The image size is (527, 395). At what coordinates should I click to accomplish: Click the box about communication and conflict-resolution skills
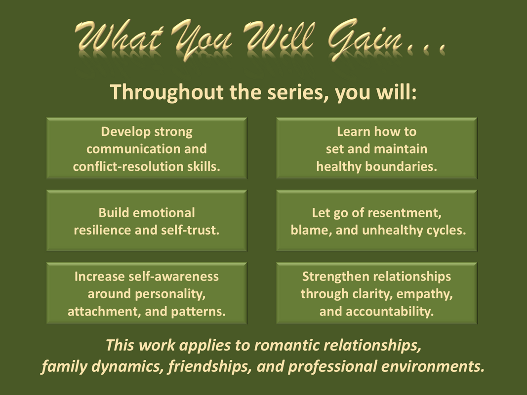[147, 148]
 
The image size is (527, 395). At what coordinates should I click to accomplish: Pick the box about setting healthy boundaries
[376, 148]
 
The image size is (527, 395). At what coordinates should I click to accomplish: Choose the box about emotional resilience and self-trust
[147, 220]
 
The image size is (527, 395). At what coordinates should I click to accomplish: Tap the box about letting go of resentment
[376, 220]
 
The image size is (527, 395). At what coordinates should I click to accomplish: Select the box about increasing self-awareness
[147, 293]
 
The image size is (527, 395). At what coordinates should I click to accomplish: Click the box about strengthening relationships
[376, 293]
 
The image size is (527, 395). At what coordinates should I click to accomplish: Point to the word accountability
[390, 312]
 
